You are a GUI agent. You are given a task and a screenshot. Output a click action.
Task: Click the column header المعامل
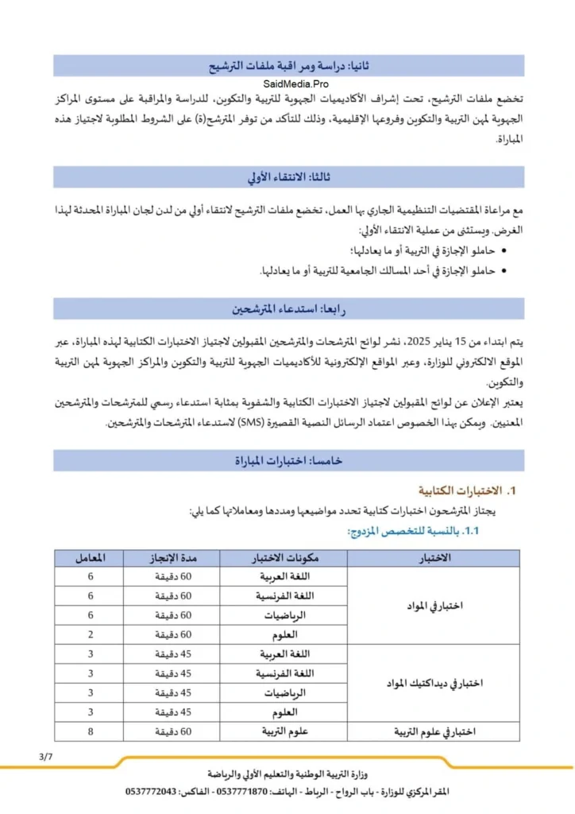(x=89, y=557)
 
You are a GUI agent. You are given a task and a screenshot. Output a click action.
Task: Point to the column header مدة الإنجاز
(x=171, y=557)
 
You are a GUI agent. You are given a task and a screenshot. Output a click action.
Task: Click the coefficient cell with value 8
(x=89, y=731)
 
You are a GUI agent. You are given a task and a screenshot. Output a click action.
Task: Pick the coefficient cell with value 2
(x=89, y=634)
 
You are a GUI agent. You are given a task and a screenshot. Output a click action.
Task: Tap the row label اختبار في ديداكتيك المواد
(x=434, y=683)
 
